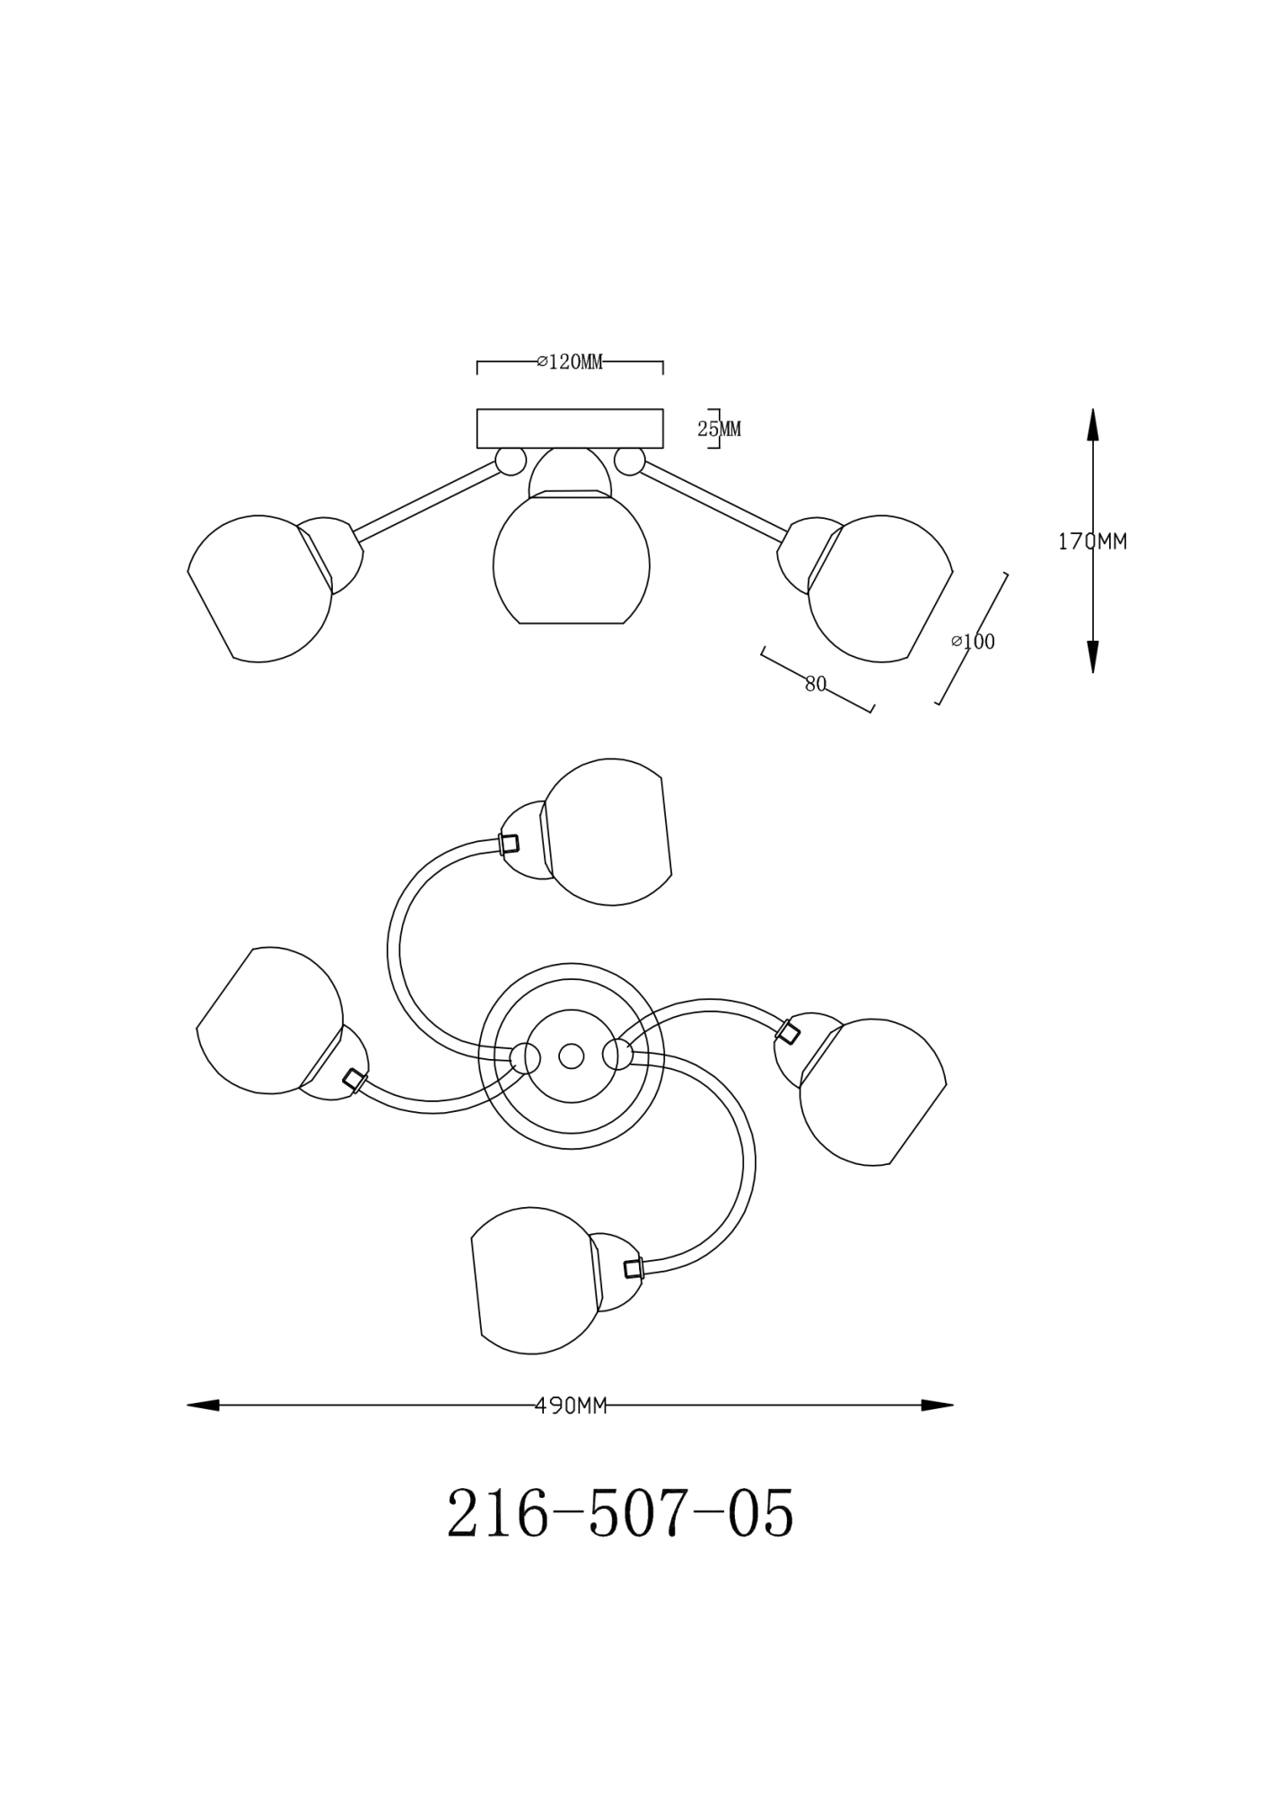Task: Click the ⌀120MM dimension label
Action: pyautogui.click(x=570, y=362)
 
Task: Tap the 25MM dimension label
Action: pyautogui.click(x=720, y=429)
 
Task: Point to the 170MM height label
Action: pyautogui.click(x=1092, y=541)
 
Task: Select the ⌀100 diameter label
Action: pyautogui.click(x=974, y=642)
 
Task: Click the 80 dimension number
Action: pyautogui.click(x=815, y=684)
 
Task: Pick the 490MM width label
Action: pyautogui.click(x=571, y=1405)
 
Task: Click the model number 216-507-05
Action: pyautogui.click(x=620, y=1512)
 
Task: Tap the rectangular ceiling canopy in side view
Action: pyautogui.click(x=570, y=428)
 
